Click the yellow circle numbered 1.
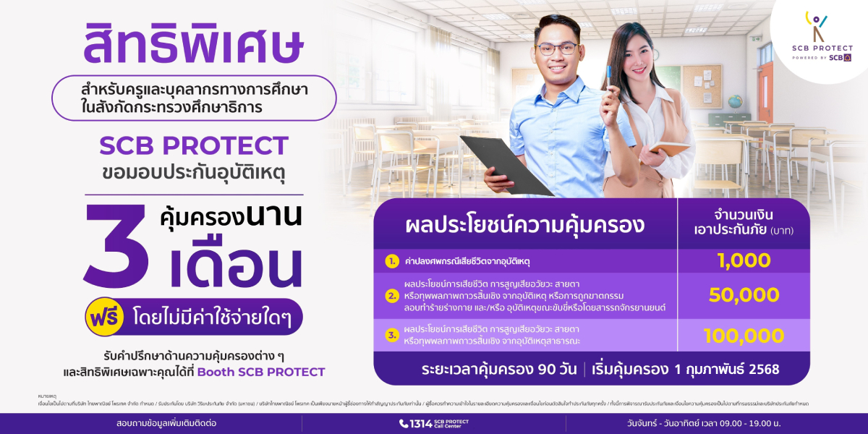click(392, 260)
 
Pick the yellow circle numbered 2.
click(392, 296)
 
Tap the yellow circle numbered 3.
click(392, 335)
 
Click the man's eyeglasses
click(557, 49)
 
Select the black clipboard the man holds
click(506, 165)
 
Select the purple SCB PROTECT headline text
click(194, 146)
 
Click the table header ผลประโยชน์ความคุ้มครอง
click(525, 225)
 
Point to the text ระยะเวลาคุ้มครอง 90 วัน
click(499, 370)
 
